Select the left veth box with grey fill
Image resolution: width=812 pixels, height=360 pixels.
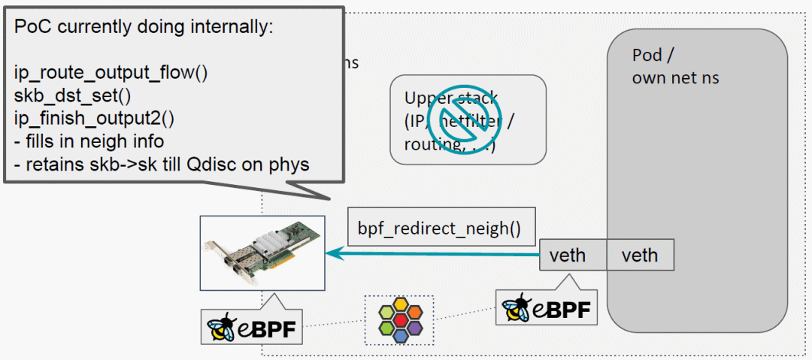pyautogui.click(x=573, y=256)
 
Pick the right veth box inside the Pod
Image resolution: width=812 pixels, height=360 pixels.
pyautogui.click(x=639, y=256)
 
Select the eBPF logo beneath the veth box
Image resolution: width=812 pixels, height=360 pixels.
pyautogui.click(x=547, y=307)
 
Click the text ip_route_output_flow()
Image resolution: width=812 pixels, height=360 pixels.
pyautogui.click(x=111, y=74)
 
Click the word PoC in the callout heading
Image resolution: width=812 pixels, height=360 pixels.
pyautogui.click(x=32, y=28)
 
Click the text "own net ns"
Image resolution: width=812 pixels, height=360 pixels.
pyautogui.click(x=674, y=77)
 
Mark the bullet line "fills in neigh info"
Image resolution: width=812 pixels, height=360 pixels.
pyautogui.click(x=94, y=141)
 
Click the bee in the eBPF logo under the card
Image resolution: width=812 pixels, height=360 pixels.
pyautogui.click(x=223, y=328)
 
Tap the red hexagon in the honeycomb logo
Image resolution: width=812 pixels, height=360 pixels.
pyautogui.click(x=398, y=320)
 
